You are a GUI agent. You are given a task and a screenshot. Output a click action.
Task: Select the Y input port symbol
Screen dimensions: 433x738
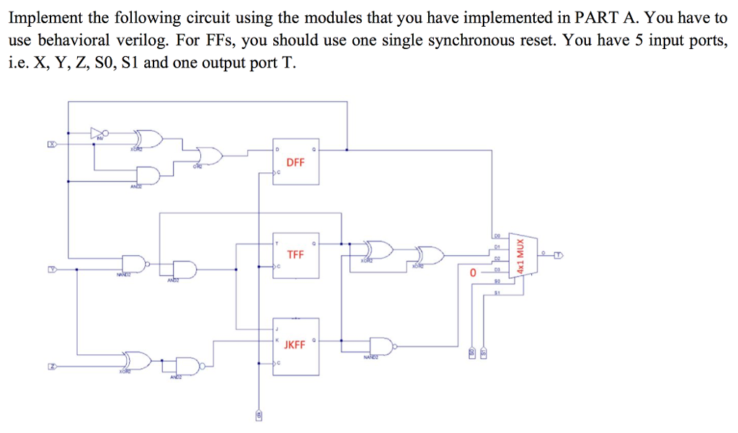coord(51,269)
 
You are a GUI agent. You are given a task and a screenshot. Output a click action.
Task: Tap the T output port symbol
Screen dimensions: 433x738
coord(559,254)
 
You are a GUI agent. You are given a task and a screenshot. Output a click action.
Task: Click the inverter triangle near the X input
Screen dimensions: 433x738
coord(98,133)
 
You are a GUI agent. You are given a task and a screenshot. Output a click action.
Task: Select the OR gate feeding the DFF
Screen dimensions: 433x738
coord(210,153)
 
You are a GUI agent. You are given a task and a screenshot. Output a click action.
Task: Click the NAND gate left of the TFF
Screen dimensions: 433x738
coord(134,264)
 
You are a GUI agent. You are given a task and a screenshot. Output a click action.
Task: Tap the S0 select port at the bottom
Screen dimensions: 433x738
coord(472,353)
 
